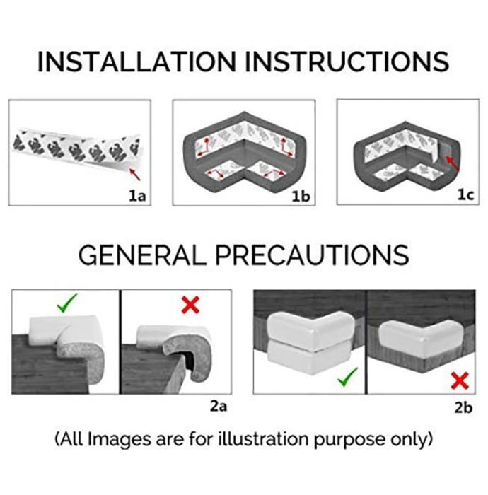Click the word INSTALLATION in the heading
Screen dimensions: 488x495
point(136,62)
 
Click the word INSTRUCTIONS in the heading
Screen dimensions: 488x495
point(347,62)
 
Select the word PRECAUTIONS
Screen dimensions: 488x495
point(312,255)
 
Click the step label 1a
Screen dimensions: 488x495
point(138,196)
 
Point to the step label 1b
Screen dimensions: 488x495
point(301,197)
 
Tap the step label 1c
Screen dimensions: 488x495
point(465,195)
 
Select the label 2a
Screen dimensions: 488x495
point(219,406)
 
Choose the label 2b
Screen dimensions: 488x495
point(463,407)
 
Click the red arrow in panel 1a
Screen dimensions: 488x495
point(135,175)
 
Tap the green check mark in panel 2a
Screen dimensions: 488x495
point(67,303)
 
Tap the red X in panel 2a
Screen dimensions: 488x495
point(190,305)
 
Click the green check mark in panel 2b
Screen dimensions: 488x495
point(347,377)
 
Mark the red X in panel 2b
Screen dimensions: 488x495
point(460,380)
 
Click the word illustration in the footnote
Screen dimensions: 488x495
point(263,438)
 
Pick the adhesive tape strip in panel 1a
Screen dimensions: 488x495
point(77,149)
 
